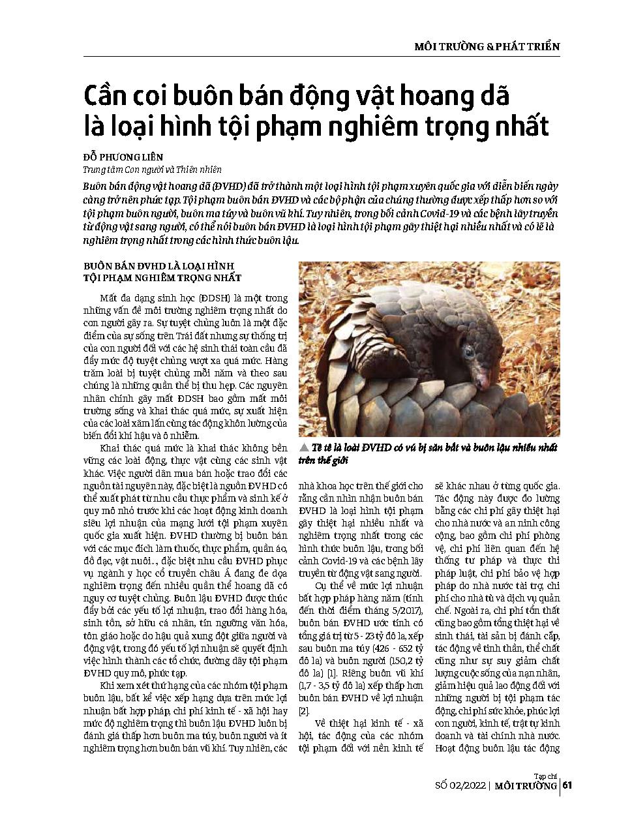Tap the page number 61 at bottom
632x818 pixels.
click(x=567, y=785)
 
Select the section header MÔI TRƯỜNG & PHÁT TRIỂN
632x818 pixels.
click(x=487, y=47)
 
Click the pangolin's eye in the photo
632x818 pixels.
click(x=470, y=353)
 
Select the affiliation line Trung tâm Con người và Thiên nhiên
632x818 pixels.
click(x=152, y=170)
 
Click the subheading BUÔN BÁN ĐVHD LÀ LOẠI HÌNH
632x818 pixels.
click(x=158, y=266)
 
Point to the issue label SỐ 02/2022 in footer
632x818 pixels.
click(x=461, y=786)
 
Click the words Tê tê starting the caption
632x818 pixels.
click(x=323, y=448)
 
